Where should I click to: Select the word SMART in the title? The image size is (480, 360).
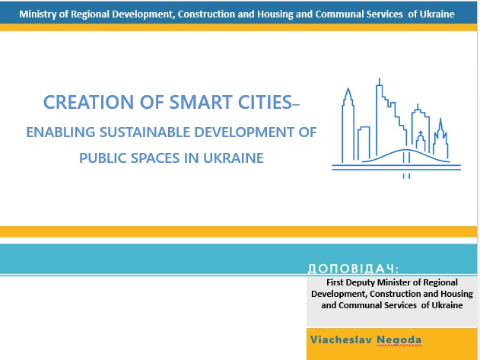[x=201, y=102]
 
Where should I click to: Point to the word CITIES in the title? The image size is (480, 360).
[x=265, y=102]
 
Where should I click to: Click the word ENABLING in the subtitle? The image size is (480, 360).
[x=61, y=132]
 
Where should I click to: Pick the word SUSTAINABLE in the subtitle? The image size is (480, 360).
[x=145, y=132]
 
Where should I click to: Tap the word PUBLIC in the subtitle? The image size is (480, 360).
[x=103, y=158]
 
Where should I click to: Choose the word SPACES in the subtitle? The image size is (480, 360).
[x=155, y=158]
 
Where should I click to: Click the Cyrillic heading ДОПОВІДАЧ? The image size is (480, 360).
[x=353, y=269]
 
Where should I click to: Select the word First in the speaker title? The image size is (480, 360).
[x=335, y=282]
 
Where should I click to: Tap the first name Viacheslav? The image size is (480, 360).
[x=341, y=339]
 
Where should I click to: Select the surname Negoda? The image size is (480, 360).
[x=399, y=340]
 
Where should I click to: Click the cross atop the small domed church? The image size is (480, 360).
[x=421, y=133]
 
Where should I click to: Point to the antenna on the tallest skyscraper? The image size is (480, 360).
[x=380, y=81]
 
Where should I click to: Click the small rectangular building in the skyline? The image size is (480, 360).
[x=364, y=143]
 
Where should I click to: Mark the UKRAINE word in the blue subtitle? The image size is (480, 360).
[x=234, y=158]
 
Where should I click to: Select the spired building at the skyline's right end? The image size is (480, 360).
[x=440, y=139]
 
